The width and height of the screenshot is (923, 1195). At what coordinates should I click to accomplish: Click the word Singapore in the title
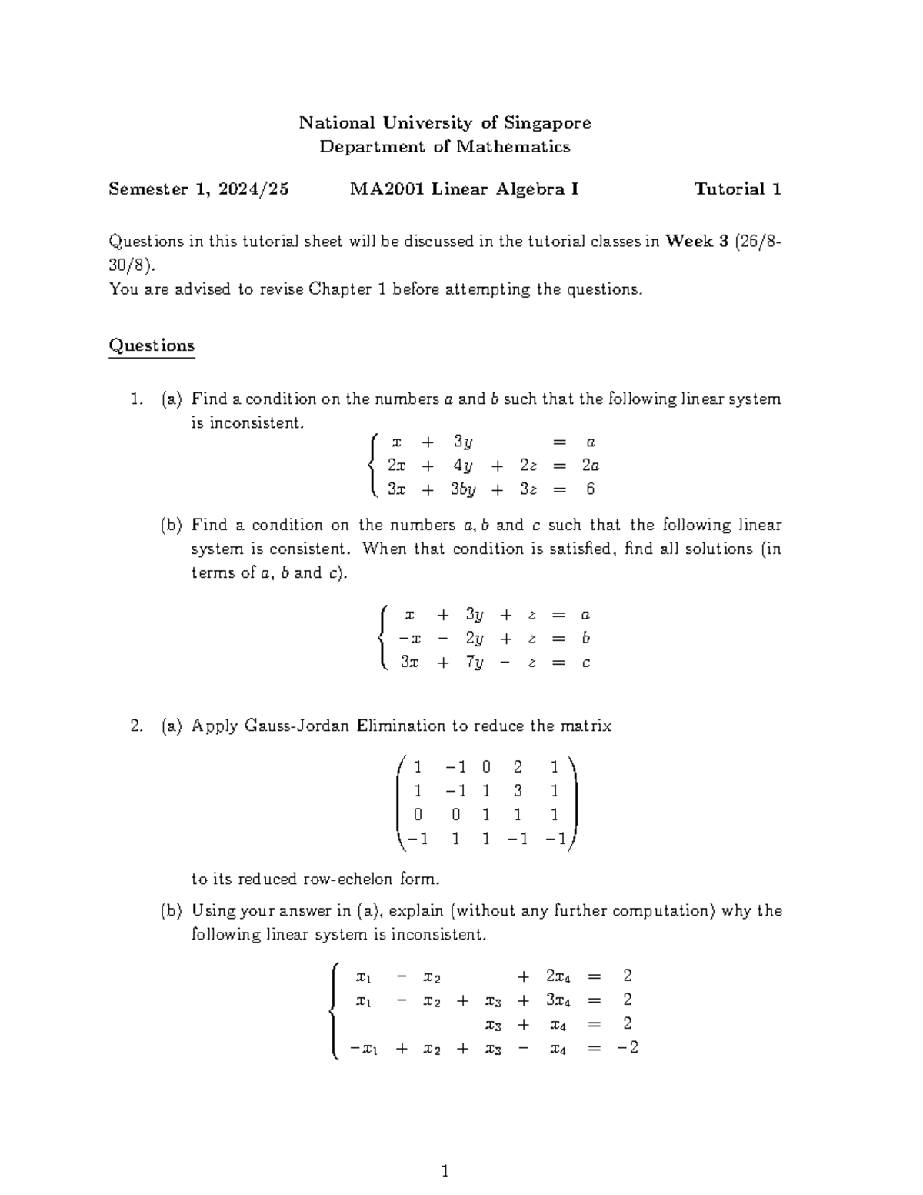point(547,123)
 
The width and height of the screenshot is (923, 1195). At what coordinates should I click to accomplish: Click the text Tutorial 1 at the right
point(738,189)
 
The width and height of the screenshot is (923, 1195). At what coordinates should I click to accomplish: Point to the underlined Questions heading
point(152,345)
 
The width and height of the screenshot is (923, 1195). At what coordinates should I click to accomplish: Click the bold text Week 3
point(697,242)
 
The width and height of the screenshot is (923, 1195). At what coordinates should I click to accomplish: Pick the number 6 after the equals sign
point(590,489)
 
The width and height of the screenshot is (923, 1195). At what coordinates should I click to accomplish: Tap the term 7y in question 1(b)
point(475,663)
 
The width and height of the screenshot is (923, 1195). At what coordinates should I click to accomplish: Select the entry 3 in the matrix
point(518,791)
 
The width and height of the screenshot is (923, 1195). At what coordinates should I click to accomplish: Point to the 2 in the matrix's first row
point(518,767)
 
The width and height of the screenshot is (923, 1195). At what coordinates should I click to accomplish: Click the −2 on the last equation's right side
point(628,1048)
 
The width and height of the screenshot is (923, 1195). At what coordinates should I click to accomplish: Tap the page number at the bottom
point(445,1172)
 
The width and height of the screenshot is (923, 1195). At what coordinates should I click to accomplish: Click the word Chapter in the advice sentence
point(340,289)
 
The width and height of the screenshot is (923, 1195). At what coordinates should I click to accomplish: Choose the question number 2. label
point(136,726)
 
